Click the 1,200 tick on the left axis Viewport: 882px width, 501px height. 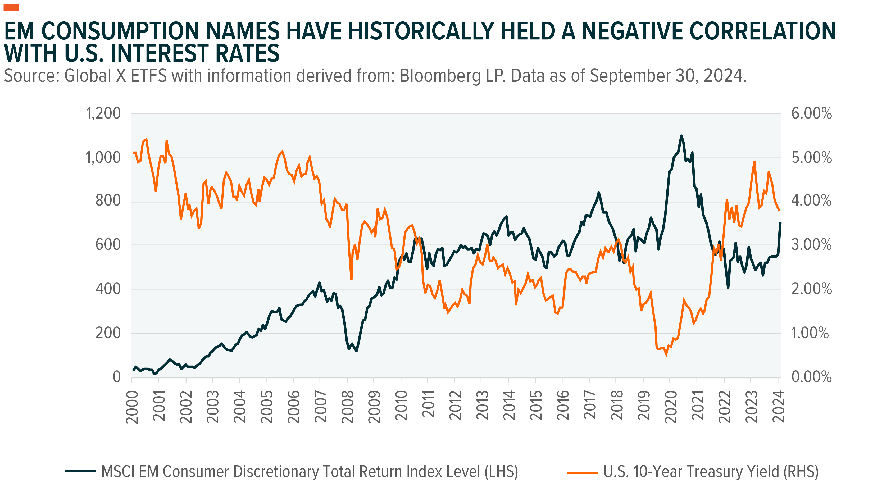coord(103,113)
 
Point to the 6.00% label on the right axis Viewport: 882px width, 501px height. coord(811,113)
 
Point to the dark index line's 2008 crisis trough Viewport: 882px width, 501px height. coord(356,351)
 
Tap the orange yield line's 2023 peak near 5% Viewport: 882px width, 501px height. coord(754,161)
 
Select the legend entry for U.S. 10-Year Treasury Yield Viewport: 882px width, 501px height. coord(711,471)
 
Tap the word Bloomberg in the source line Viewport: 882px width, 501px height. coord(440,76)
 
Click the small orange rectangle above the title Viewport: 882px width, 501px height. coord(11,7)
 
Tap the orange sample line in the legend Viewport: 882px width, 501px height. coord(582,472)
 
